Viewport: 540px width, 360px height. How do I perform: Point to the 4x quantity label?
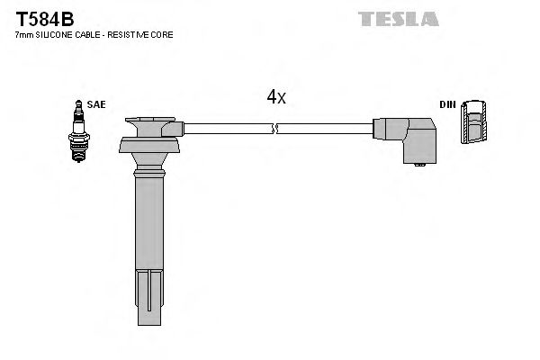(x=276, y=97)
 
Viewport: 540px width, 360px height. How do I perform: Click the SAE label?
(x=97, y=104)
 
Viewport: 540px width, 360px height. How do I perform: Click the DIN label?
(x=447, y=104)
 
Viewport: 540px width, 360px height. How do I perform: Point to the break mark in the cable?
(x=276, y=130)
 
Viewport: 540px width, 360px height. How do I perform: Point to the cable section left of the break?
(x=225, y=130)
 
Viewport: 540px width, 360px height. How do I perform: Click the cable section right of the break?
(x=324, y=130)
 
